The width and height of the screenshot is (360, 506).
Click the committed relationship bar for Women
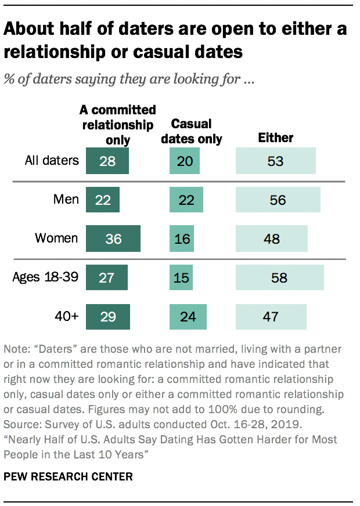pos(113,238)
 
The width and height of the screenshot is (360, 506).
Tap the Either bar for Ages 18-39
pos(279,277)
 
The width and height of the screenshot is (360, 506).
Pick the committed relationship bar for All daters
pos(107,161)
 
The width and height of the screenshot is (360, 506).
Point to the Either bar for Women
pos(271,238)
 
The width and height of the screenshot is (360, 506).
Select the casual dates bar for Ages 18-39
pos(181,277)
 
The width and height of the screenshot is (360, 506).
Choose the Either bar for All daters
pos(275,161)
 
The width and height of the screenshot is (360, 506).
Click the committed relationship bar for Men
pos(103,200)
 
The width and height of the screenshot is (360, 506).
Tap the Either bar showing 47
pos(271,317)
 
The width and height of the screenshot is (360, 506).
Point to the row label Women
pos(56,238)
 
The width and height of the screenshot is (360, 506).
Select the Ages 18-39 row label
pos(45,277)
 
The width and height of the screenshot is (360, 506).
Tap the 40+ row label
pos(66,316)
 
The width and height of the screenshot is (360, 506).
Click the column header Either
pos(275,138)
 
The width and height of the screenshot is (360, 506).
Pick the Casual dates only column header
pos(192,132)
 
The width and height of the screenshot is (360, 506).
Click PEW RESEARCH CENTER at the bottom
pos(69,476)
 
